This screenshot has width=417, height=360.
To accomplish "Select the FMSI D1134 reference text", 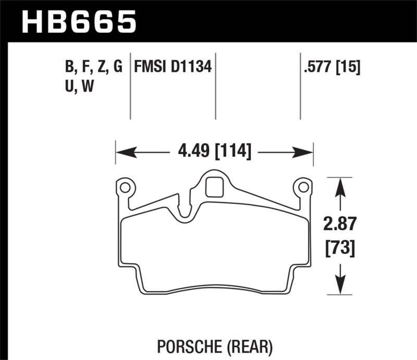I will point(173,67).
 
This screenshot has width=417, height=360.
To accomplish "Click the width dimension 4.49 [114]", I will point(214,152).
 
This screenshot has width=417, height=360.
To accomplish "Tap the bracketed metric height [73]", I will point(340,249).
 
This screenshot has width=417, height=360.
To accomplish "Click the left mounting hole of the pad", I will point(125,186).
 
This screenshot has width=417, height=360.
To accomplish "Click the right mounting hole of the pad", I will point(302,186).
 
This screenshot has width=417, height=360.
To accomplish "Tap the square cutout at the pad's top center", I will point(214,187).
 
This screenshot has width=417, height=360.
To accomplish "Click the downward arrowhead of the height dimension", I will point(340,285).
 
